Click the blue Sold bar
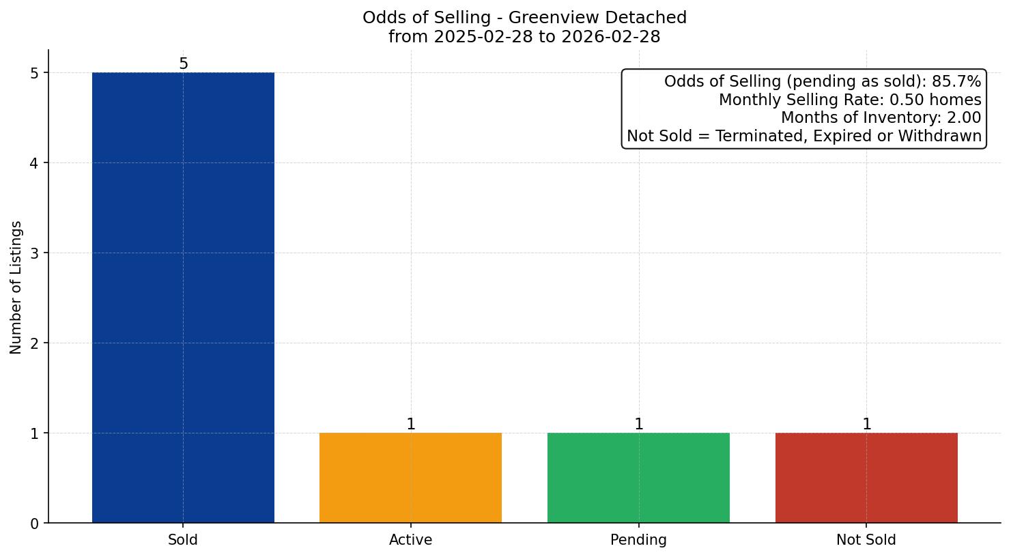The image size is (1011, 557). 183,298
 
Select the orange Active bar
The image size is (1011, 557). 410,478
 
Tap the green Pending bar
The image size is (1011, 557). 638,478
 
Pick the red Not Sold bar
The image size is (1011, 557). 866,478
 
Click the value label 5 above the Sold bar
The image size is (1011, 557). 183,64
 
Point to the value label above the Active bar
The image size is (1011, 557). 411,425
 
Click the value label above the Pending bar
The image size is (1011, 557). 639,425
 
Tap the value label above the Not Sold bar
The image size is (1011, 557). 867,425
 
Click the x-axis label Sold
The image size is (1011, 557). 183,540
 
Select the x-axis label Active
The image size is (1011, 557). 410,540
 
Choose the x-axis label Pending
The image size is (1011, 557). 638,540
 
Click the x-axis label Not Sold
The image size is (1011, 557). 866,540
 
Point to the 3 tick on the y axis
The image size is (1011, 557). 35,253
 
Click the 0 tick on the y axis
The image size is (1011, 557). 35,524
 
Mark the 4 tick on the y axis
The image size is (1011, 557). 35,163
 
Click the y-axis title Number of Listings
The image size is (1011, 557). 16,287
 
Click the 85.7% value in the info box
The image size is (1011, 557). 956,82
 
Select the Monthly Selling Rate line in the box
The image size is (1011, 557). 850,100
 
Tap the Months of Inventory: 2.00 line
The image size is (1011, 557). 881,118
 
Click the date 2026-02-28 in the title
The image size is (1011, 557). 610,37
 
